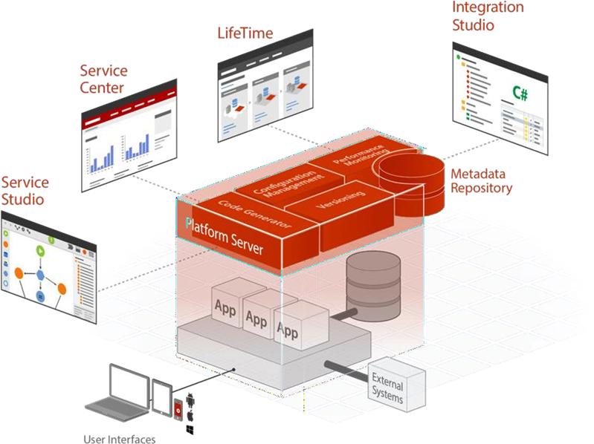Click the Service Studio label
point(25,191)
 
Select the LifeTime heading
point(245,33)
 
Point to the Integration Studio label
point(488,16)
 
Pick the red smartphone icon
point(178,408)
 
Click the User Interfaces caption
point(119,439)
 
